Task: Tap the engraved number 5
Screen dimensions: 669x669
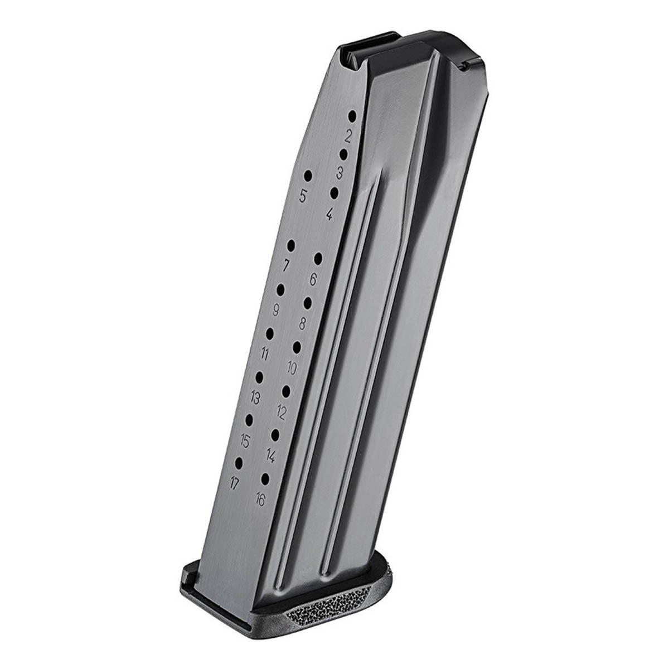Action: [303, 197]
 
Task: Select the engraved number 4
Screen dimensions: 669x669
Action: [329, 214]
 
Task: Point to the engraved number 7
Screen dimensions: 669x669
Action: [286, 265]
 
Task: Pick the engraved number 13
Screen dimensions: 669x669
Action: [255, 398]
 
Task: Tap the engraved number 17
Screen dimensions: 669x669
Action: [235, 483]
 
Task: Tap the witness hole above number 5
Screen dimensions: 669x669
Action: [308, 176]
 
